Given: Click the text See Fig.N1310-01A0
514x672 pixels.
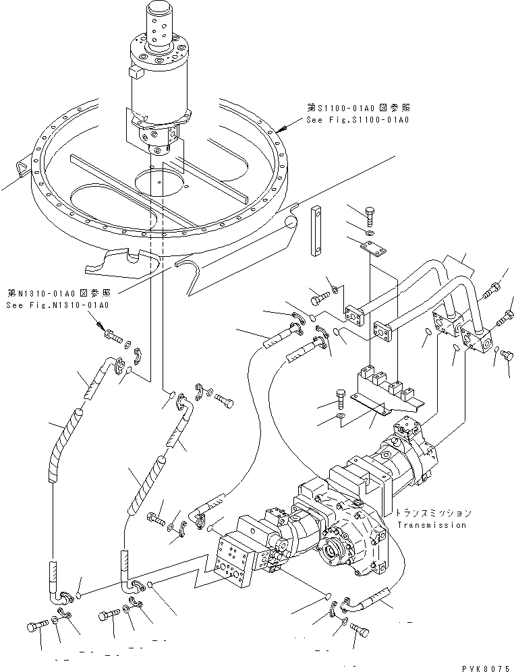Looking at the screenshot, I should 57,305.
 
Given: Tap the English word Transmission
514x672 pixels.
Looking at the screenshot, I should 432,524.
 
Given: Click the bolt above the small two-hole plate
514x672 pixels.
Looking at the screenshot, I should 370,216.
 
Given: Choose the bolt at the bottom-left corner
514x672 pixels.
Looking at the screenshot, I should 37,626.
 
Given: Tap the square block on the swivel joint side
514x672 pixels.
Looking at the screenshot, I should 134,71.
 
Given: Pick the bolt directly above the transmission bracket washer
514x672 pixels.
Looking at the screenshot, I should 341,398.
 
